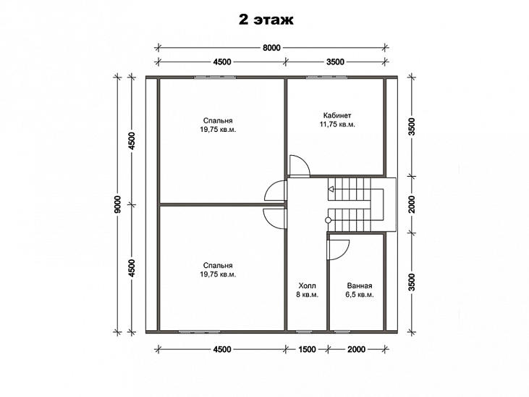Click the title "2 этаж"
tap(266, 20)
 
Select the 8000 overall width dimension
tap(271, 48)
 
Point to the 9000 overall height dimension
tap(118, 204)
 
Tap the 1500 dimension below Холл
tap(307, 349)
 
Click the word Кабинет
tap(337, 115)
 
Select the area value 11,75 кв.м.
tap(337, 125)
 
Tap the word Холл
tap(308, 285)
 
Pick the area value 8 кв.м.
tap(308, 295)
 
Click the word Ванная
tap(360, 285)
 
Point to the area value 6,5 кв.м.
tap(360, 295)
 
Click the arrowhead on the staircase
tap(331, 189)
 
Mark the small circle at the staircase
tap(328, 220)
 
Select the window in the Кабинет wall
tap(326, 78)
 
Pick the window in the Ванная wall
tap(347, 332)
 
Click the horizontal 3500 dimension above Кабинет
tap(335, 62)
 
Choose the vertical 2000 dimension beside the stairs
tap(411, 204)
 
